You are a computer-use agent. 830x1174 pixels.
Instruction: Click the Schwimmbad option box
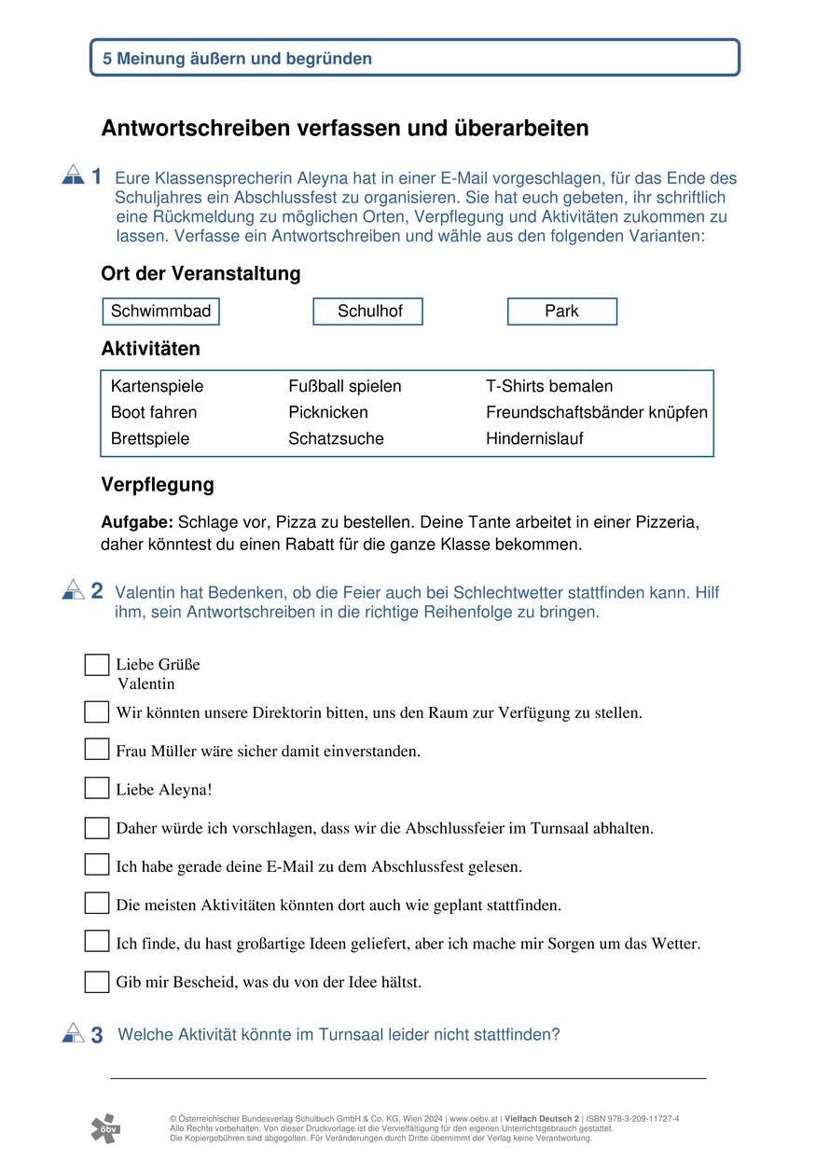[x=160, y=311]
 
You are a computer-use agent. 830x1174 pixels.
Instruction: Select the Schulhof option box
[x=368, y=311]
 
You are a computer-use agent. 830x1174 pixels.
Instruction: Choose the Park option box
[x=562, y=311]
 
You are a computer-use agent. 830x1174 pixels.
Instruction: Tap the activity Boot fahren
[x=154, y=412]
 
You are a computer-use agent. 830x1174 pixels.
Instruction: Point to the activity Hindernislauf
[x=534, y=438]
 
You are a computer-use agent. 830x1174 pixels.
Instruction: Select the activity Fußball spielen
[x=345, y=386]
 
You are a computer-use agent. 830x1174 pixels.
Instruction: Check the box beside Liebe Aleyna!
[x=97, y=789]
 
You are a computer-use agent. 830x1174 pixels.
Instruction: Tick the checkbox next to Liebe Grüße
[x=97, y=665]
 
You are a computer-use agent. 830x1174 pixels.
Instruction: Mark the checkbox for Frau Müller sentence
[x=97, y=750]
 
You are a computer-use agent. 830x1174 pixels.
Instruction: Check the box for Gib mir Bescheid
[x=97, y=982]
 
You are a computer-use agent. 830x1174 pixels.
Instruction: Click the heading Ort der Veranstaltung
[x=201, y=274]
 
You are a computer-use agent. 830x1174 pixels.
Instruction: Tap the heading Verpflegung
[x=158, y=485]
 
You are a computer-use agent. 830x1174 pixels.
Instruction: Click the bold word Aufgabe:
[x=137, y=522]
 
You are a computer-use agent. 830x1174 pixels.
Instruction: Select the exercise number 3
[x=97, y=1035]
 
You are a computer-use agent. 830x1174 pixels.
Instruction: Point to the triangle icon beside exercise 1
[x=73, y=174]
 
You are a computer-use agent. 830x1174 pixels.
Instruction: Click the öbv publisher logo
[x=105, y=1128]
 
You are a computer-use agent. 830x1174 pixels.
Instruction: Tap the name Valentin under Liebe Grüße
[x=146, y=684]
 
